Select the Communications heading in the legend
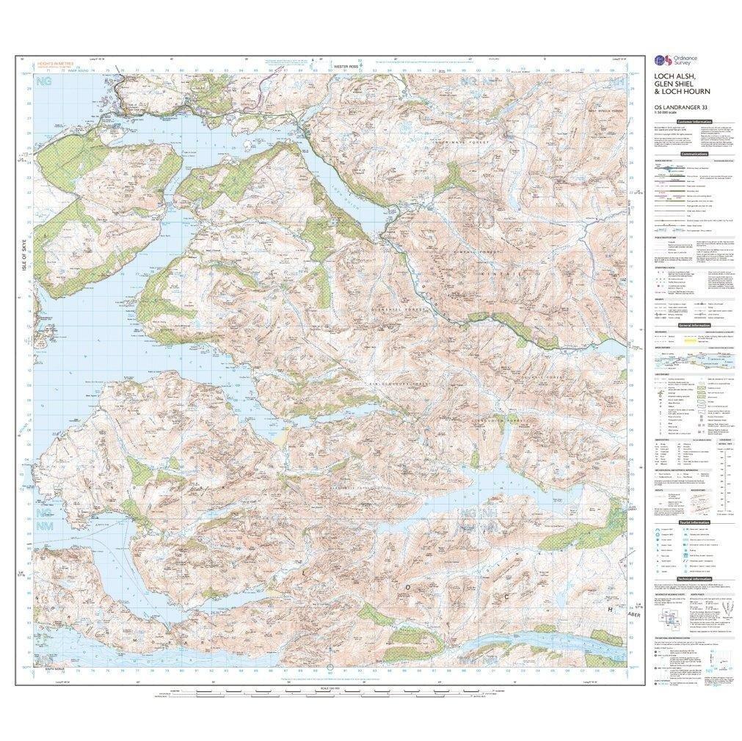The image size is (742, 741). pos(694,155)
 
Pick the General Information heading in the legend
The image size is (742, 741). pos(694,324)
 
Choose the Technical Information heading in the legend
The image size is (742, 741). pos(694,578)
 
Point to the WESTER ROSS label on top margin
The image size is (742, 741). pos(346,66)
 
